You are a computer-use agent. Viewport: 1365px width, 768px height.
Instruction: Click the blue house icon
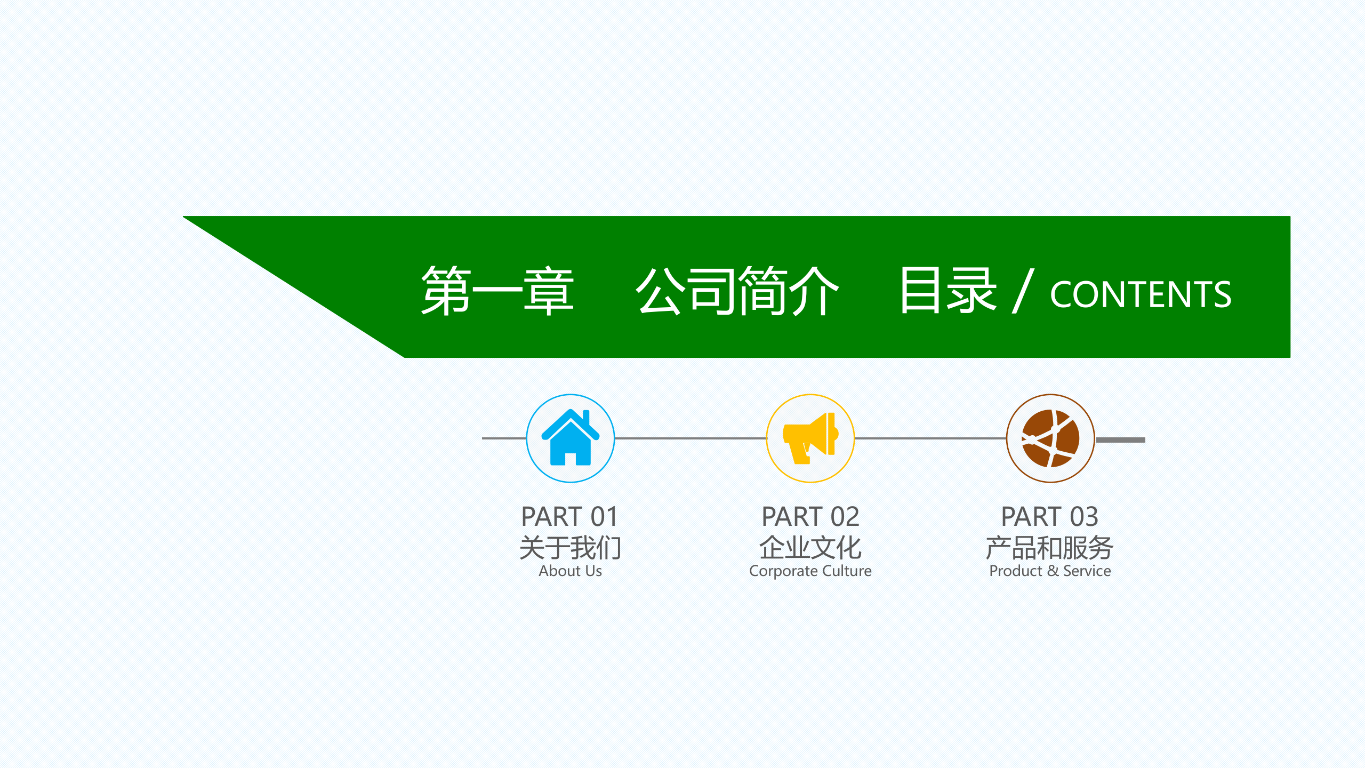[571, 438]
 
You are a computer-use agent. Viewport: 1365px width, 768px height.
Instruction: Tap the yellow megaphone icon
[810, 438]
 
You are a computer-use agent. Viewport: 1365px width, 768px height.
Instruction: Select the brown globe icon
[1050, 438]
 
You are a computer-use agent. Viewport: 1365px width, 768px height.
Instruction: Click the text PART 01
[569, 516]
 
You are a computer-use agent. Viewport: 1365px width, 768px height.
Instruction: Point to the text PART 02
[810, 516]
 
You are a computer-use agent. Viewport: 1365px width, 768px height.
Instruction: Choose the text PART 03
[1050, 516]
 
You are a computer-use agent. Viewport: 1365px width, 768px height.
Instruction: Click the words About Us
[570, 571]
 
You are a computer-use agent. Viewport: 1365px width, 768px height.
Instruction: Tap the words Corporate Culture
[810, 571]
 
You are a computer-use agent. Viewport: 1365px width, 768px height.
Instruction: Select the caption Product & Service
[1050, 571]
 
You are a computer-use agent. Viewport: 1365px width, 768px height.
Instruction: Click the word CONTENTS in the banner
[1141, 294]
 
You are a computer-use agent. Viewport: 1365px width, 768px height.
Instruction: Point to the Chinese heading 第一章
[497, 291]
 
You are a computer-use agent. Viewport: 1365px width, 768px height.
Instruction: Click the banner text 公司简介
[737, 291]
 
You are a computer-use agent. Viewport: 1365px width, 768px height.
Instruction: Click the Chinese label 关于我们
[570, 547]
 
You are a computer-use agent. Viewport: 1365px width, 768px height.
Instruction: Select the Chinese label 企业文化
[810, 547]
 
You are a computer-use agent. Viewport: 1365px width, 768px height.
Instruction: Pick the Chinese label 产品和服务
[1049, 547]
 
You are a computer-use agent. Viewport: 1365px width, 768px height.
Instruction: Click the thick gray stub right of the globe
[1121, 440]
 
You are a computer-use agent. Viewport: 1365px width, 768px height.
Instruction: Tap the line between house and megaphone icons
[690, 438]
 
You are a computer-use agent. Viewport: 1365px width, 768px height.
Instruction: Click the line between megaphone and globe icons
[930, 438]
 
